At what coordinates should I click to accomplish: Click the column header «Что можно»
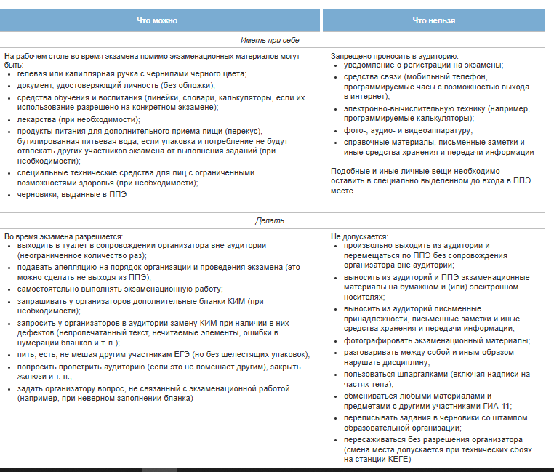(x=157, y=21)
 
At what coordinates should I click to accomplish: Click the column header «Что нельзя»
(x=433, y=21)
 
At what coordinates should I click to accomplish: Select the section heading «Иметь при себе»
(x=270, y=41)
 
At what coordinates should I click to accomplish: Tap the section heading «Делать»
(x=270, y=220)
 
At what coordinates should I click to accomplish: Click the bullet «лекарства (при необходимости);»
(x=79, y=119)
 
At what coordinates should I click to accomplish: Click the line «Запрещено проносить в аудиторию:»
(x=394, y=55)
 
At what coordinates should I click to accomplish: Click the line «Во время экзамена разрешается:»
(x=63, y=236)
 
